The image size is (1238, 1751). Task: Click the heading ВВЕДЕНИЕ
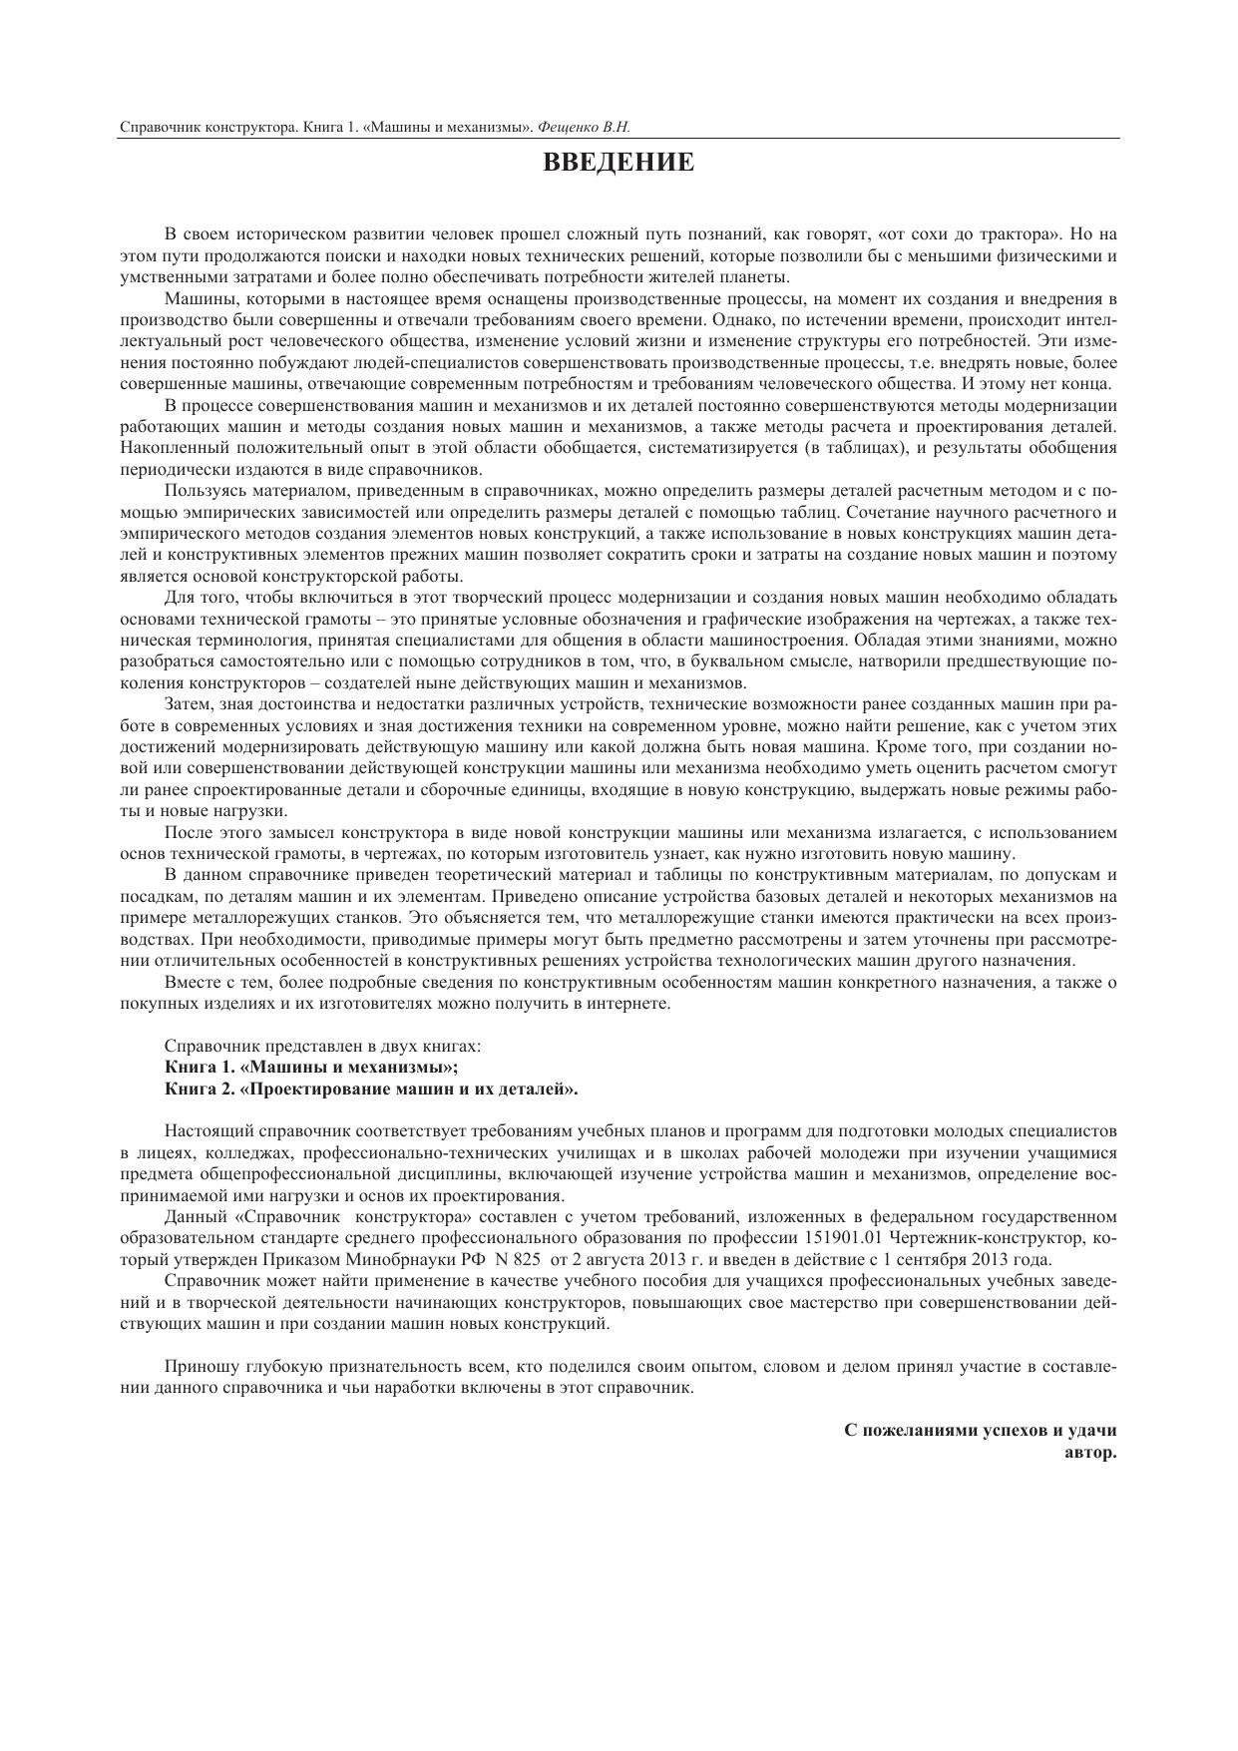pyautogui.click(x=619, y=163)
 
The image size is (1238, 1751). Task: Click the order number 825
pyautogui.click(x=527, y=1259)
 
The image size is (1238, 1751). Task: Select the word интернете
pyautogui.click(x=624, y=1004)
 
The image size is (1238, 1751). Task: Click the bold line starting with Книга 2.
pyautogui.click(x=371, y=1089)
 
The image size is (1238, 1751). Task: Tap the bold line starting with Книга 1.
pyautogui.click(x=311, y=1068)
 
